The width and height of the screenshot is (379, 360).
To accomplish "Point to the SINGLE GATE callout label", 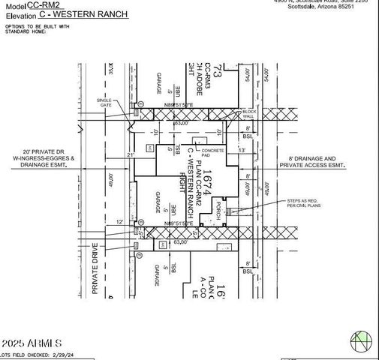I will pyautogui.click(x=105, y=103).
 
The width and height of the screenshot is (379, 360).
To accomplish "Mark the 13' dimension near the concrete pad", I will pyautogui.click(x=242, y=150).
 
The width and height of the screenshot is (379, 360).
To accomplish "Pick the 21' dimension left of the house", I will pyautogui.click(x=130, y=154).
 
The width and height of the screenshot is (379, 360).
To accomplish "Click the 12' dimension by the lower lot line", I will pyautogui.click(x=121, y=221).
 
